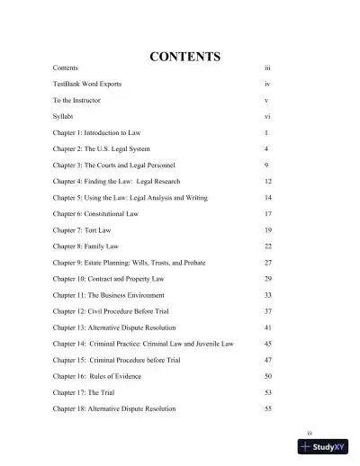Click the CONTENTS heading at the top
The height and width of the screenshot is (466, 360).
tap(184, 57)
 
